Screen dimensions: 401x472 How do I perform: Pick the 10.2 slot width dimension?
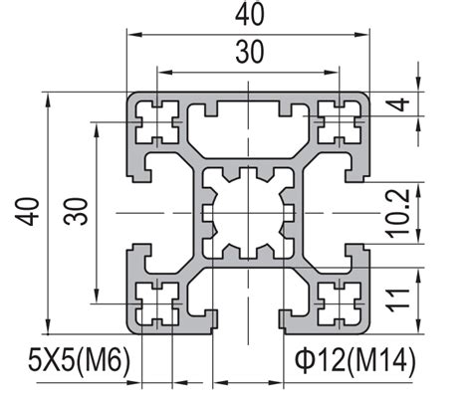coord(438,212)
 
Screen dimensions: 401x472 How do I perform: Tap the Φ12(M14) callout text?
coord(354,358)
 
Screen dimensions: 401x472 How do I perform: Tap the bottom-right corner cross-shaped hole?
coord(339,301)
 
